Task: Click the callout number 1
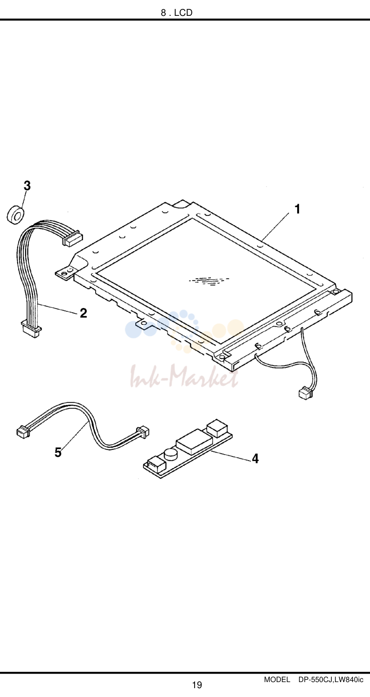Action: click(297, 209)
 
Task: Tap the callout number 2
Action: click(83, 313)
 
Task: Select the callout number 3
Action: click(27, 186)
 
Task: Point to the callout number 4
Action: click(255, 458)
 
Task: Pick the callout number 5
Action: click(58, 452)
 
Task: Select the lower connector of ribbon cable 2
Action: click(31, 330)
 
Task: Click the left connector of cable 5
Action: click(22, 431)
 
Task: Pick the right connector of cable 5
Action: click(143, 431)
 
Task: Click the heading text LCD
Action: click(183, 13)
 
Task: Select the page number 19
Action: click(197, 685)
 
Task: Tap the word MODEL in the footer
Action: click(277, 680)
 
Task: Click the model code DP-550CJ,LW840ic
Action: click(331, 680)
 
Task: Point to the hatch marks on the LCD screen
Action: click(209, 281)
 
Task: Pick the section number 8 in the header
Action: click(163, 13)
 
